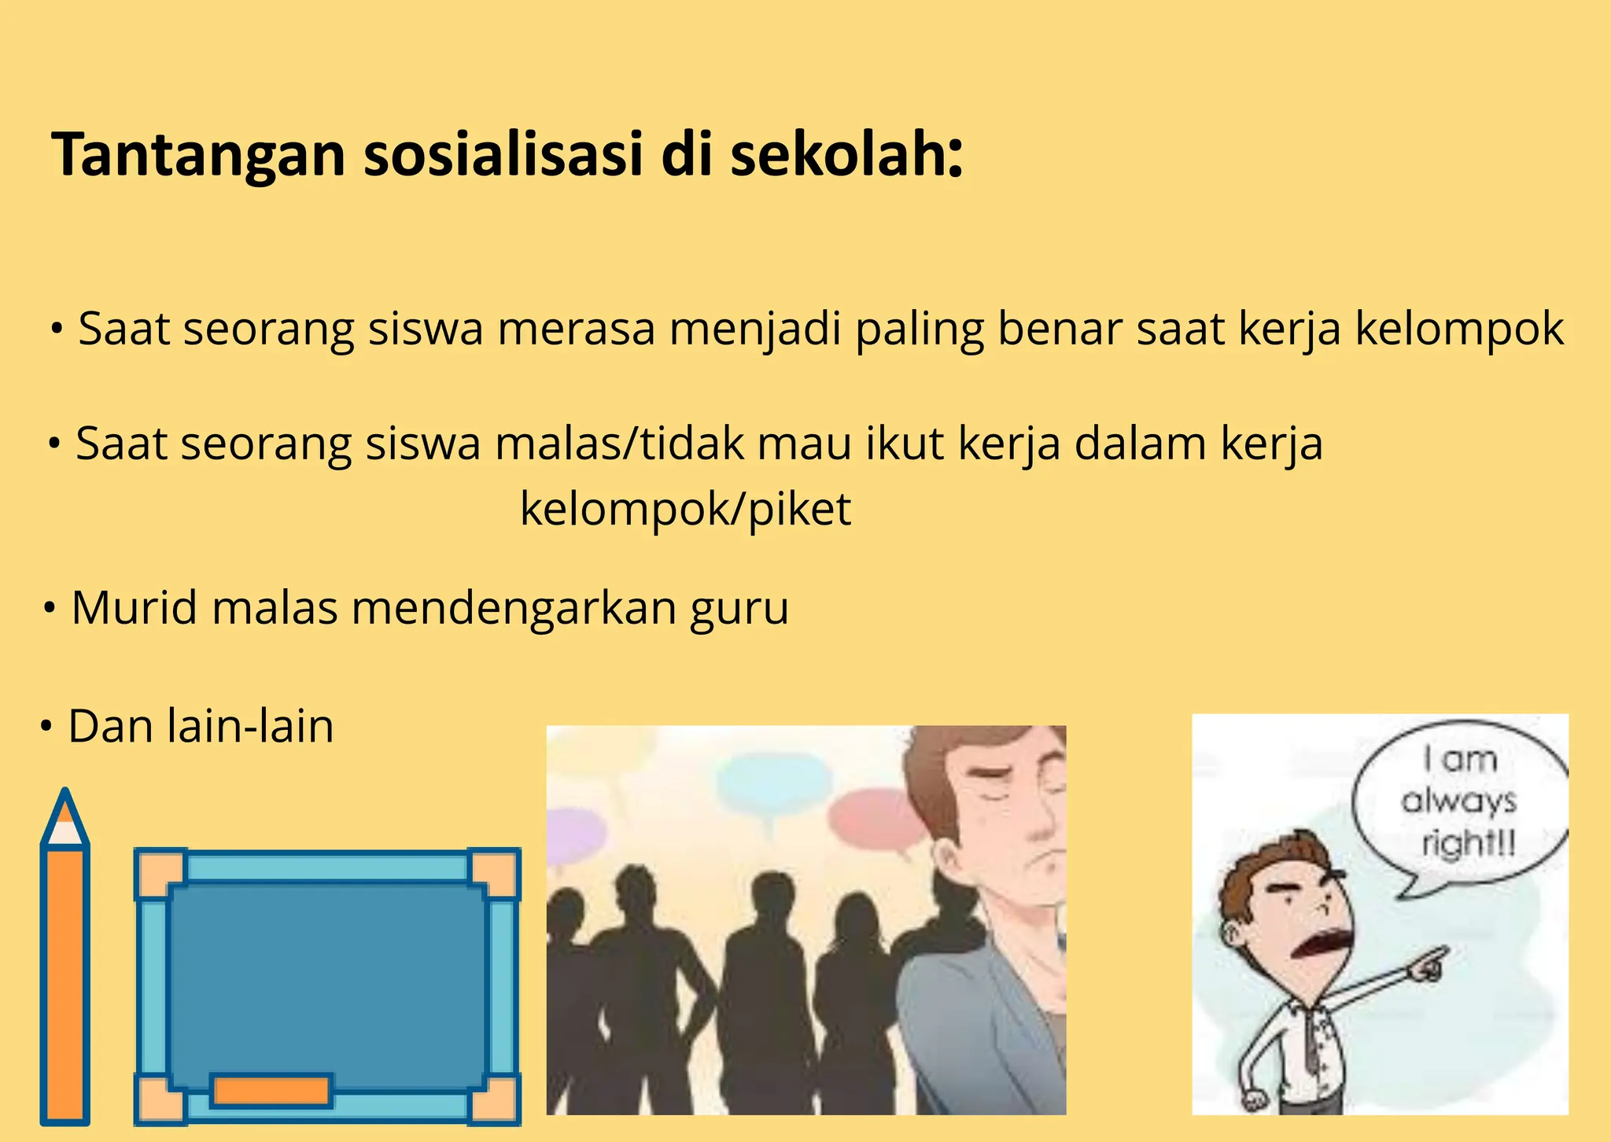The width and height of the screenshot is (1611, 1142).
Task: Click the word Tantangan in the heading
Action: tap(197, 155)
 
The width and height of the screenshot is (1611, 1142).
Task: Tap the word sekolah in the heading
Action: tap(846, 155)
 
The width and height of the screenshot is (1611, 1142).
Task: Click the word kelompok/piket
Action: tap(685, 509)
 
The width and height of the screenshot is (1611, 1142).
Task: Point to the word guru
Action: tap(739, 608)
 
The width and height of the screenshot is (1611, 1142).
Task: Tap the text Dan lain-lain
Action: tap(201, 726)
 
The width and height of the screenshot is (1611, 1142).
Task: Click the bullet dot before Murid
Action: tap(50, 609)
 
